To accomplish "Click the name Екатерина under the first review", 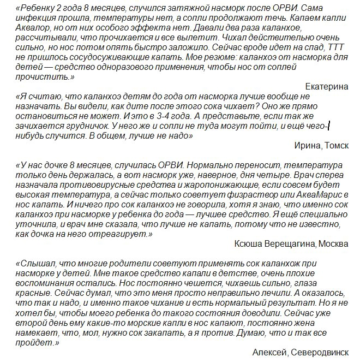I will (x=327, y=86).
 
